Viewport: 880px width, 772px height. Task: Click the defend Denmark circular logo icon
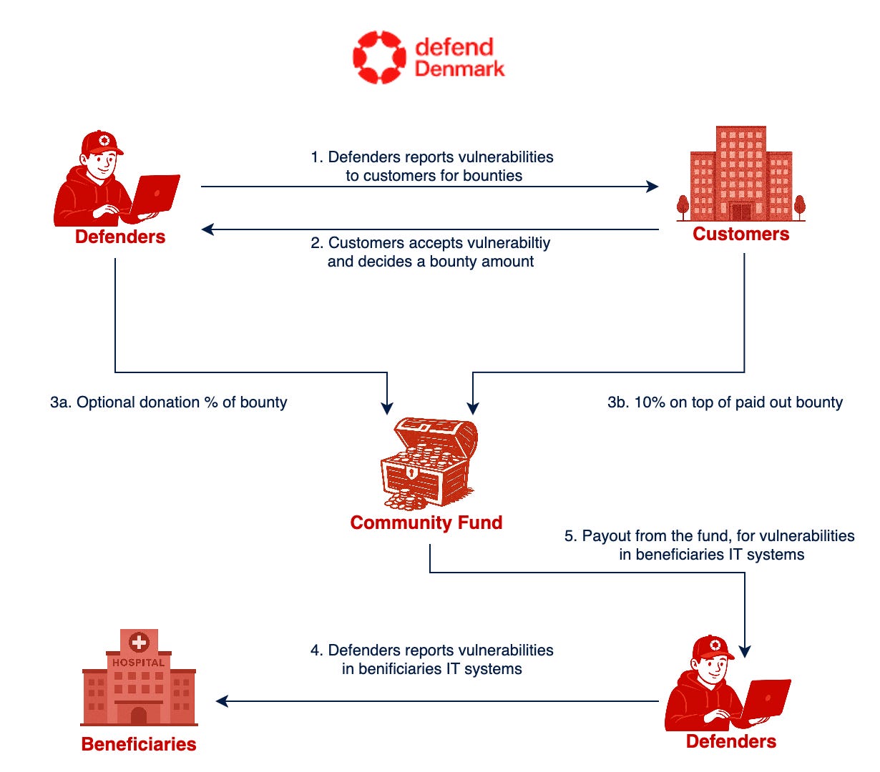(x=379, y=57)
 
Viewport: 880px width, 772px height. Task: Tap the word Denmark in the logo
(x=459, y=69)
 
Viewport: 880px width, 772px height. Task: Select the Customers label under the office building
(x=740, y=234)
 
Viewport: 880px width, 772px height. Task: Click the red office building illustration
(x=741, y=174)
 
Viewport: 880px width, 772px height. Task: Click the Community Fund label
(x=426, y=523)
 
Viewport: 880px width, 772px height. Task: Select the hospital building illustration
(x=139, y=679)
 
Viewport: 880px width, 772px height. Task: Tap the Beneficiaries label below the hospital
(x=139, y=744)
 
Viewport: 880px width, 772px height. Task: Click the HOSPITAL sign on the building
(x=139, y=663)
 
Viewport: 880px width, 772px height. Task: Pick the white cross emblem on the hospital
(x=139, y=642)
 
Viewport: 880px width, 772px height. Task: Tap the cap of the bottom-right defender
(x=711, y=647)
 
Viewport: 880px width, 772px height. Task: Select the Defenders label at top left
(x=120, y=237)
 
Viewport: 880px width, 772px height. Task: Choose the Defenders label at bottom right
(x=730, y=741)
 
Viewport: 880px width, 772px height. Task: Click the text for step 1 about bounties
(x=432, y=166)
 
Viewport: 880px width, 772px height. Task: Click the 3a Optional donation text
(x=168, y=402)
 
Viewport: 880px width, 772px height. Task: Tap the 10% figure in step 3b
(x=650, y=402)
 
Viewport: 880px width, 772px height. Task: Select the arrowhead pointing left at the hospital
(x=222, y=701)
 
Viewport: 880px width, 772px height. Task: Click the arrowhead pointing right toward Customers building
(x=652, y=187)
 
